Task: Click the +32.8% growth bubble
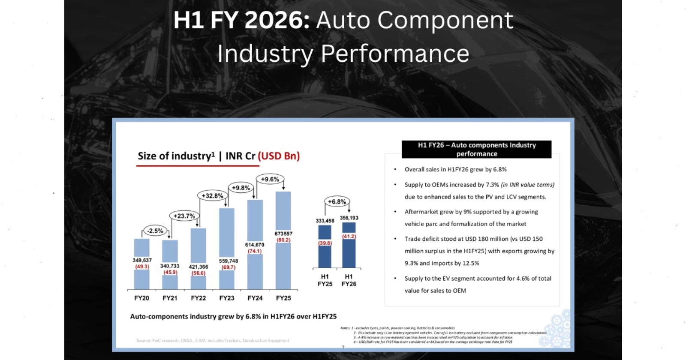tap(213, 196)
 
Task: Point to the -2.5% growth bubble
tap(155, 231)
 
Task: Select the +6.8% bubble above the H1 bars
tap(337, 202)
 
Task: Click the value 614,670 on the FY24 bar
tap(255, 245)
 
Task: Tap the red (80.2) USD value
tap(283, 240)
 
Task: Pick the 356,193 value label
tap(349, 218)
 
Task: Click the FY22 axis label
tap(199, 298)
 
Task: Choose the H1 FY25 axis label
tap(325, 280)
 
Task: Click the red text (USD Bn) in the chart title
tap(279, 156)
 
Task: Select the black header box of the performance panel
tap(477, 149)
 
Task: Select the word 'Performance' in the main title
tap(395, 54)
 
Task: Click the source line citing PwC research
tap(213, 341)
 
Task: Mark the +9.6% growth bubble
tap(270, 179)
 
